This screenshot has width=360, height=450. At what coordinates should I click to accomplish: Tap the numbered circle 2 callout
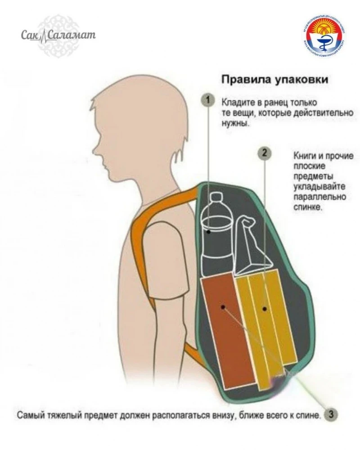pyautogui.click(x=265, y=153)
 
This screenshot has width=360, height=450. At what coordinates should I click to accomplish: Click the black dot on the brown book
pyautogui.click(x=223, y=307)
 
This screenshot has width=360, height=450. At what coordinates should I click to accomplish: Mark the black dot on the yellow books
pyautogui.click(x=265, y=309)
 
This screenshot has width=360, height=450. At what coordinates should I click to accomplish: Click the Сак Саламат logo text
pyautogui.click(x=58, y=35)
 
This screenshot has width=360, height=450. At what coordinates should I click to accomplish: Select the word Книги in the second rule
pyautogui.click(x=304, y=156)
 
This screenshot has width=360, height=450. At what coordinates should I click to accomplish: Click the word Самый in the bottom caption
pyautogui.click(x=29, y=414)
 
